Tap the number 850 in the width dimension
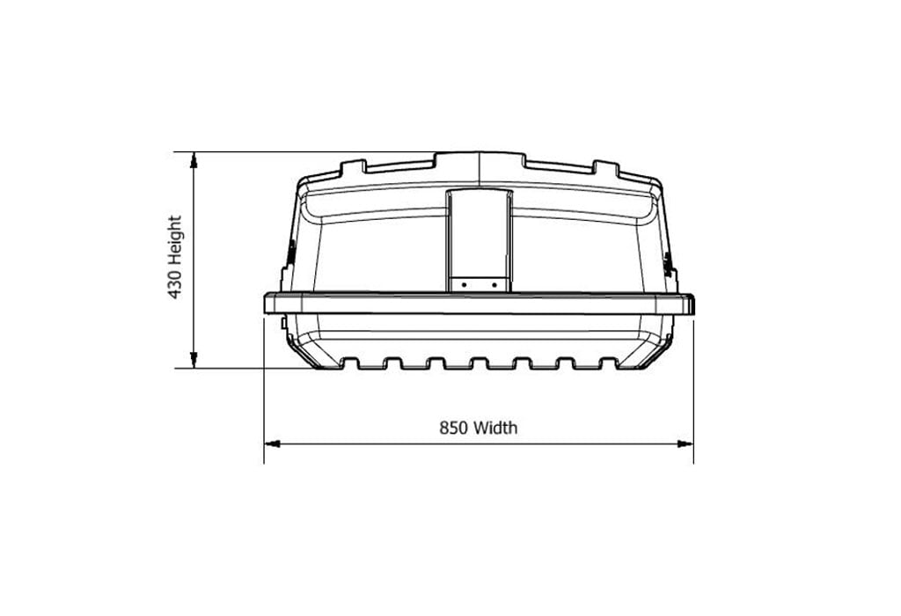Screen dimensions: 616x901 (454, 429)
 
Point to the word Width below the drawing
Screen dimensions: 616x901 (495, 429)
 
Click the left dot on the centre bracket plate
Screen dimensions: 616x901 (464, 284)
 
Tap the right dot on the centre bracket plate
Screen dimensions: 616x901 (494, 284)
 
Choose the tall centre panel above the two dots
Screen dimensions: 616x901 (479, 232)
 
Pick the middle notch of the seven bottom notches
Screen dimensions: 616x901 (479, 363)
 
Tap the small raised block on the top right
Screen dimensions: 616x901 (606, 166)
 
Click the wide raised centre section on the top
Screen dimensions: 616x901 (480, 159)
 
